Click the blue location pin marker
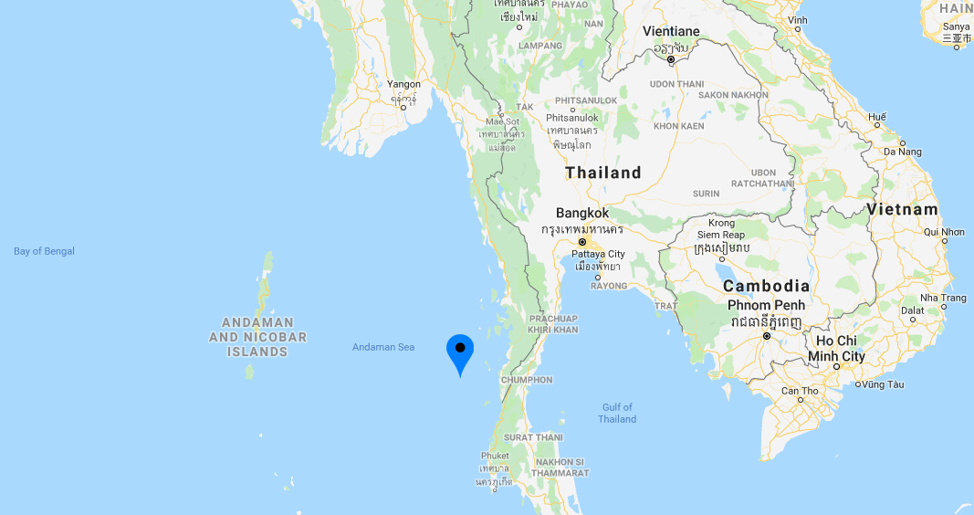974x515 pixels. coord(460,352)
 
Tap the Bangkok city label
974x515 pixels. coord(581,213)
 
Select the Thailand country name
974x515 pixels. coord(602,173)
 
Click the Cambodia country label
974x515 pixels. coord(766,286)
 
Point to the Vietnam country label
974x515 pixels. coord(902,209)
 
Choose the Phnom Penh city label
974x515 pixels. coord(767,304)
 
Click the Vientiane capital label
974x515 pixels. coord(671,31)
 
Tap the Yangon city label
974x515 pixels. coord(403,84)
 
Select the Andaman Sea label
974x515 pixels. coord(383,347)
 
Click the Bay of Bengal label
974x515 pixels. coord(44,251)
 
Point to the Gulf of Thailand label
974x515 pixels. coord(617,413)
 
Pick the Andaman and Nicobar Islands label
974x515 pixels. coord(258,337)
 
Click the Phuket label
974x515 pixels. coord(495,456)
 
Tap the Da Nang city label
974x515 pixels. coord(904,152)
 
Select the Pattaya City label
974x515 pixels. coord(598,254)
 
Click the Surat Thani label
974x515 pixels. coord(532,437)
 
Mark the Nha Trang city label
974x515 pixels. coord(943,298)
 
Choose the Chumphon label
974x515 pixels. coord(527,380)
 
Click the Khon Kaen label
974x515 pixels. coord(678,126)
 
